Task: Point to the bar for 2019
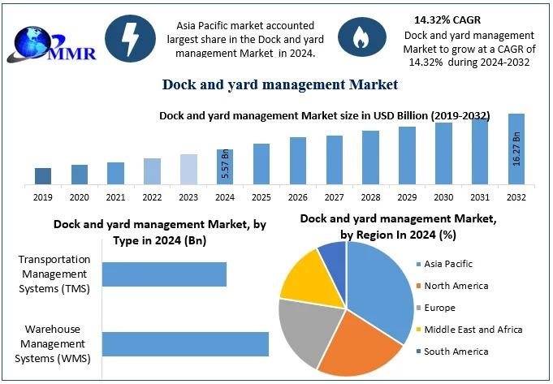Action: [43, 175]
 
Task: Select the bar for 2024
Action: [225, 166]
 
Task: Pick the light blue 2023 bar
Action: [188, 169]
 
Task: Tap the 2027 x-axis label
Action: [334, 197]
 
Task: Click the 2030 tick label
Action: [443, 197]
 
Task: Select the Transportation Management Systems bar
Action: [164, 274]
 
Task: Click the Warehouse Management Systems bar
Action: [185, 343]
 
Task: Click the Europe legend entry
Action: [438, 308]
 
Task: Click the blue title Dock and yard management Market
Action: [280, 84]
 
